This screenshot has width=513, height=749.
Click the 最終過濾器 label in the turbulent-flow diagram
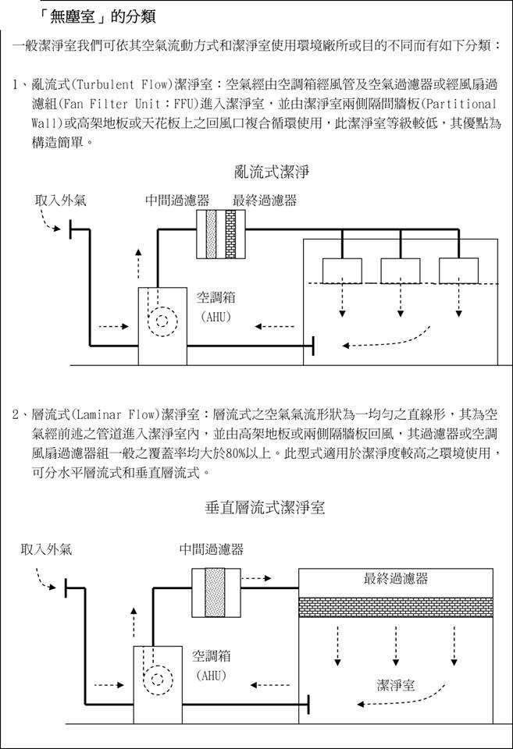click(x=265, y=201)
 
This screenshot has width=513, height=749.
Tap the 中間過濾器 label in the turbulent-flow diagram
click(x=177, y=201)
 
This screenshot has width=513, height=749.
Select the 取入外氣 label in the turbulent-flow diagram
click(x=61, y=201)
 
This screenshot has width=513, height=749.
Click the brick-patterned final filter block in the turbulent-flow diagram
click(x=230, y=233)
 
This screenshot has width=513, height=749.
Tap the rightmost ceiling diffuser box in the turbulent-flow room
click(x=458, y=270)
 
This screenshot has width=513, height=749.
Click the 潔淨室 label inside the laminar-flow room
click(x=396, y=685)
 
